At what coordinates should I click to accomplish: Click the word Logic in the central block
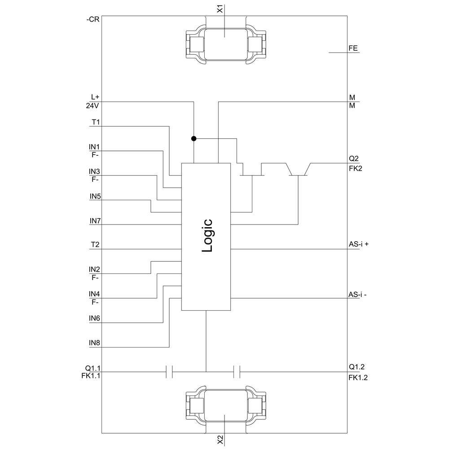207,236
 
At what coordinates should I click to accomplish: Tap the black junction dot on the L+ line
194,139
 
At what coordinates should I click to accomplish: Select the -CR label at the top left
93,19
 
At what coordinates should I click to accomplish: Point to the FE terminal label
353,48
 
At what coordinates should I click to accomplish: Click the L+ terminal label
95,97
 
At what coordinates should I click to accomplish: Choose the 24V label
92,106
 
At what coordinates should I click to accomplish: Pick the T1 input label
96,122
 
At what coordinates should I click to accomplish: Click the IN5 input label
95,197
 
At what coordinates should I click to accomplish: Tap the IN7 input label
95,221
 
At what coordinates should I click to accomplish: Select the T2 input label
95,245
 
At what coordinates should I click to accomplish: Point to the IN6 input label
94,318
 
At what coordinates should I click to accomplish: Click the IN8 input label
94,343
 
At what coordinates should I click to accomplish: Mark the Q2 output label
354,158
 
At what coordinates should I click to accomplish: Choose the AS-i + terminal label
358,244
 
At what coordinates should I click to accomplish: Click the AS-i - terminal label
357,295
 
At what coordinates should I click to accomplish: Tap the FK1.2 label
358,378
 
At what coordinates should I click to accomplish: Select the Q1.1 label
93,368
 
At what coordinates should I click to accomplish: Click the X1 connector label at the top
220,9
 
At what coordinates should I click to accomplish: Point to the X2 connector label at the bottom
220,440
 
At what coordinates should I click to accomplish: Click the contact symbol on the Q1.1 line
169,372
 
